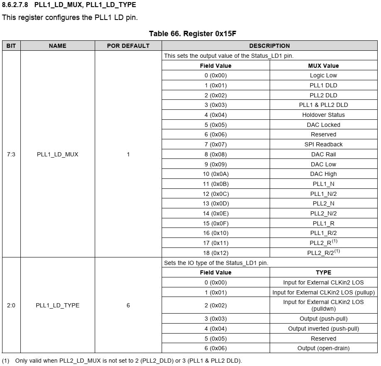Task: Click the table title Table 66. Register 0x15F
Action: pyautogui.click(x=192, y=34)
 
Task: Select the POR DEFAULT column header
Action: pyautogui.click(x=128, y=46)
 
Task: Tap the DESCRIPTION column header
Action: pyautogui.click(x=269, y=46)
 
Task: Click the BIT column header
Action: pyautogui.click(x=11, y=46)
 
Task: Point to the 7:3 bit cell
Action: pyautogui.click(x=11, y=154)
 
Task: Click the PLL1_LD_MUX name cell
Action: pyautogui.click(x=57, y=154)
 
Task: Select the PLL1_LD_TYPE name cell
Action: pyautogui.click(x=57, y=305)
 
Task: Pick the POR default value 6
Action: pyautogui.click(x=128, y=305)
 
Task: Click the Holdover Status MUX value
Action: pyautogui.click(x=323, y=115)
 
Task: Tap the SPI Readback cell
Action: pyautogui.click(x=323, y=144)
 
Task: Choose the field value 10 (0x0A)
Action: pyautogui.click(x=215, y=174)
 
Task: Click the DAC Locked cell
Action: pyautogui.click(x=323, y=125)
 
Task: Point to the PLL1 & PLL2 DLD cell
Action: pyautogui.click(x=323, y=105)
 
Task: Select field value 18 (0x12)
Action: pyautogui.click(x=215, y=253)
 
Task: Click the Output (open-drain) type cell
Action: pyautogui.click(x=323, y=348)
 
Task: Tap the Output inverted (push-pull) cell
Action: pyautogui.click(x=323, y=329)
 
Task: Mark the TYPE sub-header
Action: pyautogui.click(x=323, y=272)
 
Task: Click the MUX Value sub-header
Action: pyautogui.click(x=323, y=66)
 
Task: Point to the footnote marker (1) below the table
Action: pyautogui.click(x=5, y=360)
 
